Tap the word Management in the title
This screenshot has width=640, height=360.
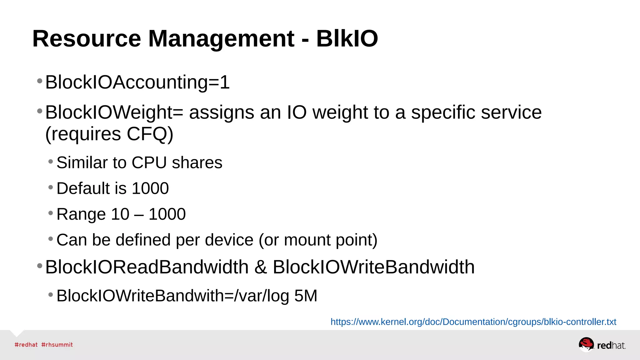point(221,39)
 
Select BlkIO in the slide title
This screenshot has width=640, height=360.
point(347,39)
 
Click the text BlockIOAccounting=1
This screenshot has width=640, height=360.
point(137,82)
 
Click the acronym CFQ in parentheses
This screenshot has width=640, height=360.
point(147,134)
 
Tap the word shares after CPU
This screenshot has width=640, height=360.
point(197,163)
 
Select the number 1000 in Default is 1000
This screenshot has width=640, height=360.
point(150,188)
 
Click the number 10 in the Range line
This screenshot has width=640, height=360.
point(120,214)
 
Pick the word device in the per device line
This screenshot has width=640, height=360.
point(229,240)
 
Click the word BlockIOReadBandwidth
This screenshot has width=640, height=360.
point(147,267)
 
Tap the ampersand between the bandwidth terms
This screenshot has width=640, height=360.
point(261,267)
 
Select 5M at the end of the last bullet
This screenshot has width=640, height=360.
point(306,296)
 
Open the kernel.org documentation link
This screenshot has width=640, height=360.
point(473,322)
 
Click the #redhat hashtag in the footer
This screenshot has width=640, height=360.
point(26,345)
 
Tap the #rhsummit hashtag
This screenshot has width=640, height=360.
point(57,345)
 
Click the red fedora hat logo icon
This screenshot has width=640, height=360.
point(586,344)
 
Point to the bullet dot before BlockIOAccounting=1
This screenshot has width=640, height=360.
point(40,81)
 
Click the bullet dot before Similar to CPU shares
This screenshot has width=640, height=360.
point(51,162)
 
